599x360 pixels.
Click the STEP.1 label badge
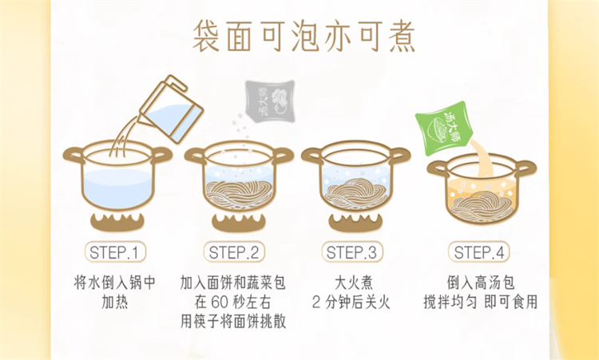pyautogui.click(x=115, y=252)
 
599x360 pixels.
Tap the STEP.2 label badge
pyautogui.click(x=234, y=252)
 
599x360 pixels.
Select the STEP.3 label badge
pyautogui.click(x=352, y=252)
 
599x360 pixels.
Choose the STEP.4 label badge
pyautogui.click(x=479, y=252)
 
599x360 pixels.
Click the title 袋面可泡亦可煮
pyautogui.click(x=304, y=35)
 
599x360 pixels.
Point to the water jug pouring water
pyautogui.click(x=172, y=109)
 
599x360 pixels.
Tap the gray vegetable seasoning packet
pyautogui.click(x=270, y=101)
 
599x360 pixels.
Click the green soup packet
pyautogui.click(x=444, y=128)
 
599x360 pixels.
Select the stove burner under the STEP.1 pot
pyautogui.click(x=117, y=222)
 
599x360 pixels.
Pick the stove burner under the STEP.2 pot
pyautogui.click(x=239, y=222)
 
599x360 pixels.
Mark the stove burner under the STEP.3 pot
pyautogui.click(x=355, y=222)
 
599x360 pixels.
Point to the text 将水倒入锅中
pyautogui.click(x=115, y=283)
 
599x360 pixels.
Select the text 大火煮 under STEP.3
pyautogui.click(x=353, y=283)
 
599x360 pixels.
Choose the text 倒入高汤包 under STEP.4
pyautogui.click(x=481, y=283)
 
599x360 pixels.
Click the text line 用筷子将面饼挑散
pyautogui.click(x=233, y=322)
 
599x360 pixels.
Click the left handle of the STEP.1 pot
pyautogui.click(x=74, y=155)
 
